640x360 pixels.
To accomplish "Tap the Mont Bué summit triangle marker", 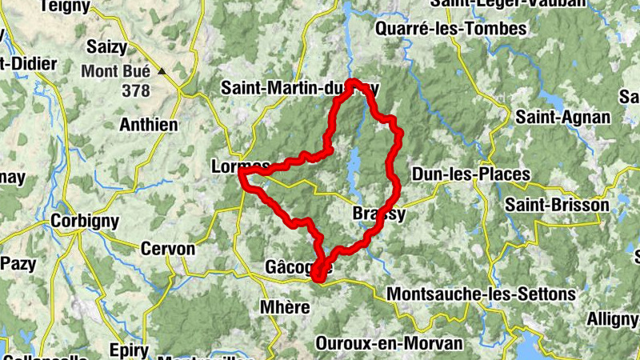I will pos(162,71).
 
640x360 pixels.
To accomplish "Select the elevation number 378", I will pos(136,90).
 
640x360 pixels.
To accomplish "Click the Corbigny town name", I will pos(85,221).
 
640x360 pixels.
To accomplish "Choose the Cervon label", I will pos(167,249).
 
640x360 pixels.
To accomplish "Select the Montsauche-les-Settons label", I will pos(481,294).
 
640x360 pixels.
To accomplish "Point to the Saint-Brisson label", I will pos(557,206).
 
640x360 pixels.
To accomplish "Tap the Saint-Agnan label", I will pos(563,118).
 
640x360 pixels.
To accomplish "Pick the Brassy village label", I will pos(379,214).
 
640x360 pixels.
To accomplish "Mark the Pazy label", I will pos(17,263).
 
